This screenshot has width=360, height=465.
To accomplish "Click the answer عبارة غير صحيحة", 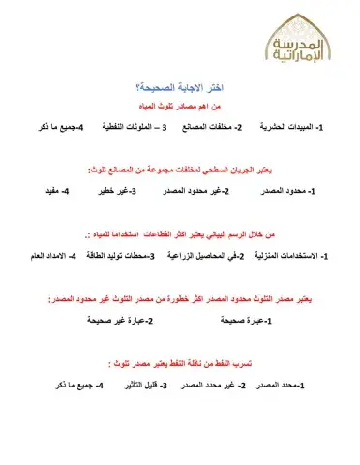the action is pos(115,320).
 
